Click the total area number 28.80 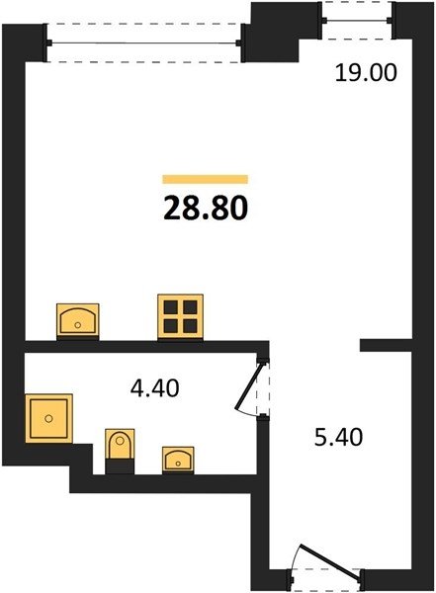point(206,209)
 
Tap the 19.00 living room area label point(366,72)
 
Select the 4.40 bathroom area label point(154,388)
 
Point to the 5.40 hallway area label point(338,437)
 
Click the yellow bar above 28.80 point(205,179)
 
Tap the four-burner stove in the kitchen point(181,317)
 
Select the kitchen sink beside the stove point(77,319)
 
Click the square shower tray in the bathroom point(48,418)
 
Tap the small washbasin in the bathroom point(178,460)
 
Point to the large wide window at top point(143,43)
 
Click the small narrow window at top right point(357,20)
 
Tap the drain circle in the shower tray point(48,418)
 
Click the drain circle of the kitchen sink point(77,325)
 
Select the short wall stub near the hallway point(386,345)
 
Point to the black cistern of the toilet point(120,466)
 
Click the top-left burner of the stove point(171,307)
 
